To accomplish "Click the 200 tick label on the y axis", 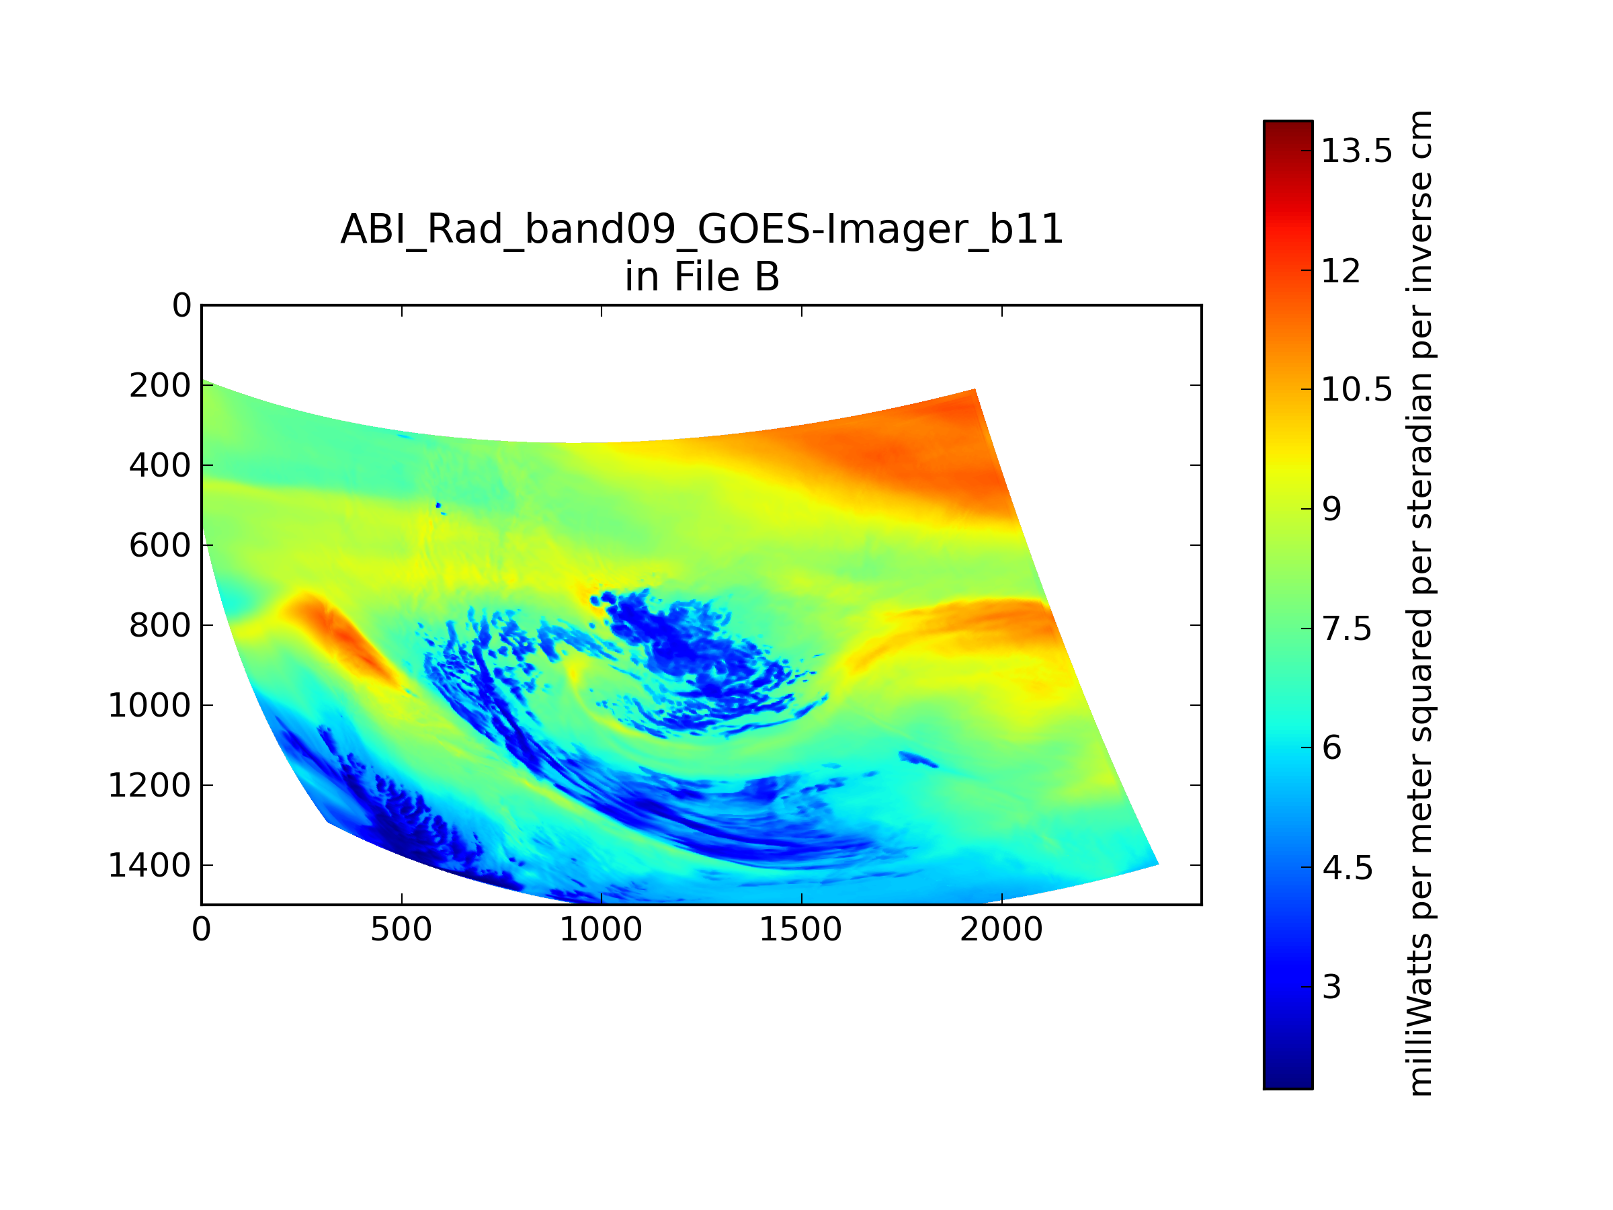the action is click(x=161, y=386).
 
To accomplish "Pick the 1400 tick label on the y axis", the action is click(x=149, y=866).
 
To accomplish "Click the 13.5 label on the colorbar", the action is click(x=1357, y=151).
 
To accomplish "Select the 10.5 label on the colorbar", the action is click(x=1357, y=390).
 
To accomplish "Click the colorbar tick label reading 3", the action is click(x=1332, y=987).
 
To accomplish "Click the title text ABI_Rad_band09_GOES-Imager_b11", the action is click(x=702, y=230).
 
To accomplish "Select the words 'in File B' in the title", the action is click(x=702, y=277).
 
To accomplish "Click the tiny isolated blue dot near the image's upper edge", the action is click(x=438, y=505).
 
